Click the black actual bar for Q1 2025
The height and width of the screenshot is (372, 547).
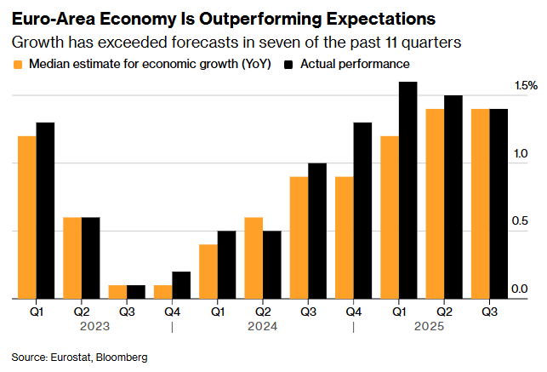pos(408,190)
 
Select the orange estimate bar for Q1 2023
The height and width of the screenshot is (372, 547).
pos(27,217)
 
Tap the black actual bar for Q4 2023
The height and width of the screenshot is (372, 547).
pos(181,285)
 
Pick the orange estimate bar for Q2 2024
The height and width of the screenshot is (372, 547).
pos(254,258)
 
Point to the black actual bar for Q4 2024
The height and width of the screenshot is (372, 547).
pos(362,210)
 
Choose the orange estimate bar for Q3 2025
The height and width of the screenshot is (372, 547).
pos(481,203)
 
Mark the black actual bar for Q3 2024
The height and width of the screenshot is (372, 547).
pos(317,231)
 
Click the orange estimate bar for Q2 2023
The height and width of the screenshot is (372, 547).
pos(72,258)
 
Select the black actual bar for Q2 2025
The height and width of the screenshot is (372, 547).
pos(453,197)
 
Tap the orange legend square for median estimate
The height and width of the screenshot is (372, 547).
pos(17,65)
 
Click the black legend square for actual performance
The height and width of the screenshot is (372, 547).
pos(289,65)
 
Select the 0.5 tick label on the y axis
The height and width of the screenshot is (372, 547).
pos(520,222)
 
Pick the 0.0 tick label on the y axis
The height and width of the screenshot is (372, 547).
pos(520,290)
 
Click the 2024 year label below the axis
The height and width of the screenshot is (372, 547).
pos(262,325)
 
